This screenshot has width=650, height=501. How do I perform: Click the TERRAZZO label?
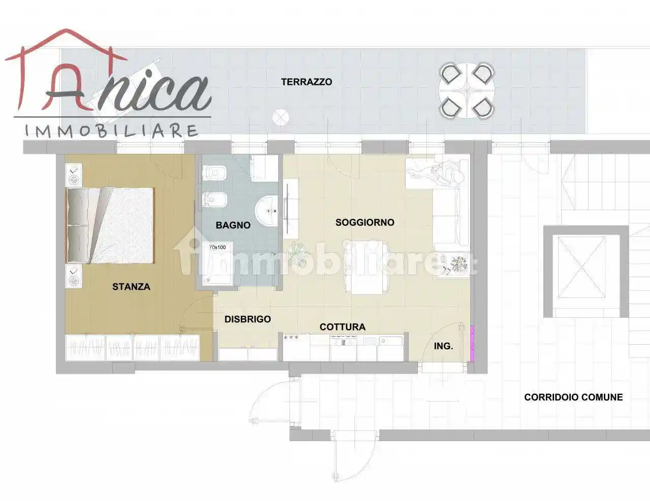point(306,82)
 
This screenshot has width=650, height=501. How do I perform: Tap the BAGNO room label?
point(233,225)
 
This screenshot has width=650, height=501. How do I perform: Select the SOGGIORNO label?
point(365,222)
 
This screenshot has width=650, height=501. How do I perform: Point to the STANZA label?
point(131,287)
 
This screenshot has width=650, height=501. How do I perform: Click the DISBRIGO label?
point(248,319)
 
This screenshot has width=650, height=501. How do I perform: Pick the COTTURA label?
point(342,327)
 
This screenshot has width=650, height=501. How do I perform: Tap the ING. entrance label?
point(443,346)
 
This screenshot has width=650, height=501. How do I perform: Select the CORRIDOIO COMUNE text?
point(573,397)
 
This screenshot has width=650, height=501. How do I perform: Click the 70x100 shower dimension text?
point(217,247)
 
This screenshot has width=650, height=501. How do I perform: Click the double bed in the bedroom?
point(110,225)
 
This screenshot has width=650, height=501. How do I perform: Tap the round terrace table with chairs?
point(466,90)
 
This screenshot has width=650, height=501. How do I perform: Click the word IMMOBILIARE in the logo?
point(112,131)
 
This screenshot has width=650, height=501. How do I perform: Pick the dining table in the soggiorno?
point(367,268)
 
